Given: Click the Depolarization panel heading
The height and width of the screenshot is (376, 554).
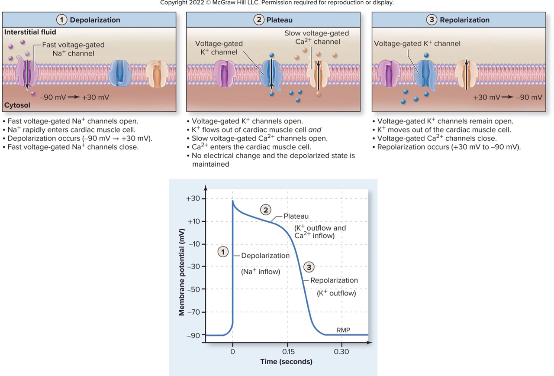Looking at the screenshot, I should point(95,20).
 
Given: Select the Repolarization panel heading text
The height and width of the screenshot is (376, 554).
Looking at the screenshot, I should point(464,20).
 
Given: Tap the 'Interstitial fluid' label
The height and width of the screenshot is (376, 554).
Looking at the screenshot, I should point(30,32).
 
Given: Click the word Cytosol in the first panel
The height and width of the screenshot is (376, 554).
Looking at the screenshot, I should point(16,105).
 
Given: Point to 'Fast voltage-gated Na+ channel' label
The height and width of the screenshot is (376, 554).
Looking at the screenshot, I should point(74,49).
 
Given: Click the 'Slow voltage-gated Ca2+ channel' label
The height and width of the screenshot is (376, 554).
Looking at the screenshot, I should point(316,37).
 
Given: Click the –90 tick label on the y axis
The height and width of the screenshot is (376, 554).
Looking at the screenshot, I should point(193,335).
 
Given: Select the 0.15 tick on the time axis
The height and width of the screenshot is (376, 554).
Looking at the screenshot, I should point(288,351).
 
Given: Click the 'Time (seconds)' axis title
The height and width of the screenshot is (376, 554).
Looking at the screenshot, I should point(286,362).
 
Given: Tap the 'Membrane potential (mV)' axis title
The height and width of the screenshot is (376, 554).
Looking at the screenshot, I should point(182,271).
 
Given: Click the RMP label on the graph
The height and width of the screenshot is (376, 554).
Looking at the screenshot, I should point(343,330).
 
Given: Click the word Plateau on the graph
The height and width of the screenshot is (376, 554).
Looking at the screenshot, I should point(296,216).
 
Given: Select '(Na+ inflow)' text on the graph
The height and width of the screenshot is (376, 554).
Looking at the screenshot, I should point(260,272).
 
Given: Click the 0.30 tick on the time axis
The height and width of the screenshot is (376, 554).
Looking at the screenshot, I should point(341,351).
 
